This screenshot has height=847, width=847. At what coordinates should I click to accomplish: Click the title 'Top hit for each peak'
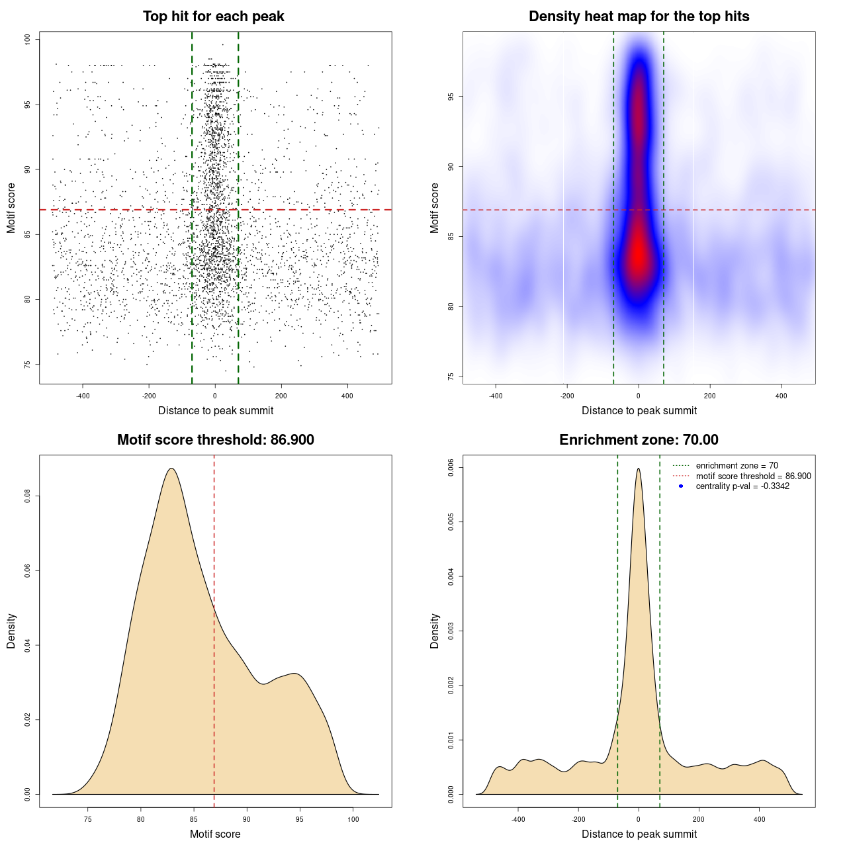[213, 17]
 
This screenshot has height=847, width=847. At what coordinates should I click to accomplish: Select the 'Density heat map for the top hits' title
[639, 17]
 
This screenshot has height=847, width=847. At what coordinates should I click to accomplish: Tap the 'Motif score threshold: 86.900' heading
[215, 440]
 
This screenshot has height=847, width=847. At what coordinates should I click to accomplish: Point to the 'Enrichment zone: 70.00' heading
[639, 440]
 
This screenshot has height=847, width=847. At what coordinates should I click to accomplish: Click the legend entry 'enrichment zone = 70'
[736, 466]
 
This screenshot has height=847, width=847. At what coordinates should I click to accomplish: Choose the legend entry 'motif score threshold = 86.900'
[753, 476]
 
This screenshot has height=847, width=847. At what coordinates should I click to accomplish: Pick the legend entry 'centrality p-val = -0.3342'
[742, 486]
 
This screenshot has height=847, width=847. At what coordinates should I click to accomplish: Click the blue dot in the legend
[681, 486]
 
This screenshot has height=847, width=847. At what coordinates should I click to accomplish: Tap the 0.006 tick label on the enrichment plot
[451, 467]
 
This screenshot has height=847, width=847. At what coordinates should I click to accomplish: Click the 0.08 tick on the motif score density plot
[27, 496]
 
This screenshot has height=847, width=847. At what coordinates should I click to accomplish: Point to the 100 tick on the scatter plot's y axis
[27, 40]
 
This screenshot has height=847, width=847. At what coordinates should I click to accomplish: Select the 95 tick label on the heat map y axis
[451, 97]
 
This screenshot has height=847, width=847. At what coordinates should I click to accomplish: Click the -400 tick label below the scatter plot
[83, 396]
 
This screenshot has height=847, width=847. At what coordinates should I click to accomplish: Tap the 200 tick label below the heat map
[710, 396]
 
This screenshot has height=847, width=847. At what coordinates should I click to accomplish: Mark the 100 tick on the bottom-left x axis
[353, 819]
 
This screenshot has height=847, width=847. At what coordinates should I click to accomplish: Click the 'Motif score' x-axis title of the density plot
[215, 834]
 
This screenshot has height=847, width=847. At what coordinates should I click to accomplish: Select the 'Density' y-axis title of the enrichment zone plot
[435, 631]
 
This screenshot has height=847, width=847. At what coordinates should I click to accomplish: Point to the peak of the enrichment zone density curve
[639, 468]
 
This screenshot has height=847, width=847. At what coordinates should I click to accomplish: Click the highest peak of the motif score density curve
[171, 468]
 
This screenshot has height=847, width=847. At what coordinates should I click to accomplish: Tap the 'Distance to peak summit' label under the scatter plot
[216, 410]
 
